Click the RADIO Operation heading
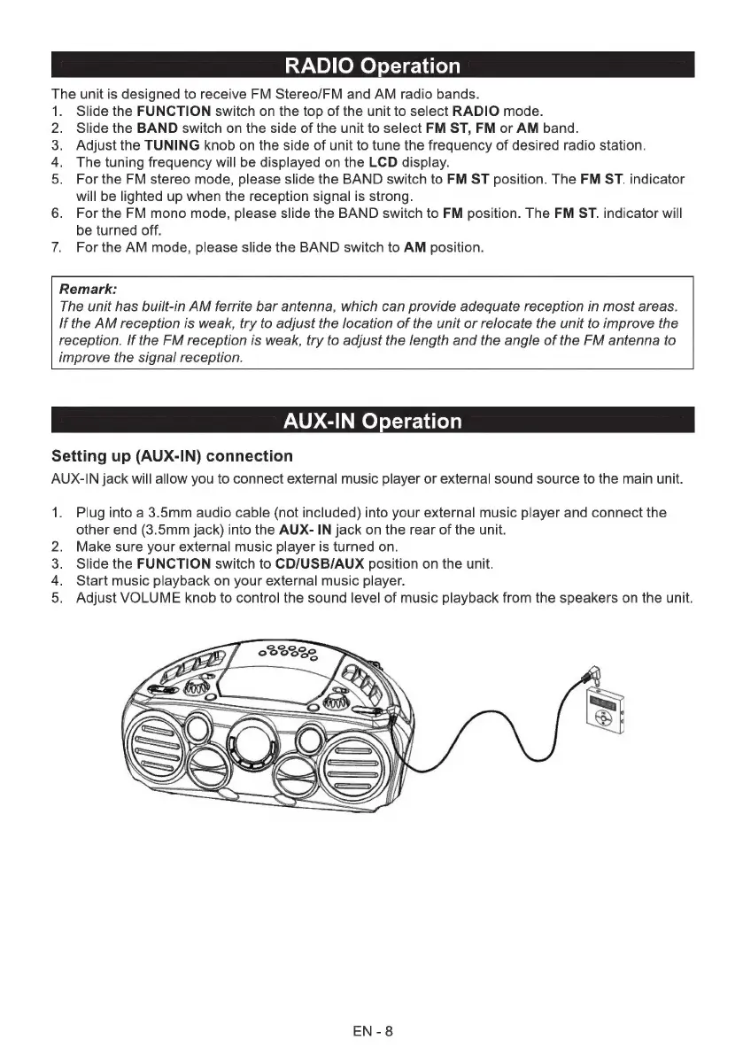coord(372,66)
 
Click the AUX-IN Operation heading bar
coord(372,421)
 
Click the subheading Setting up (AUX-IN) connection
coord(172,456)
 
